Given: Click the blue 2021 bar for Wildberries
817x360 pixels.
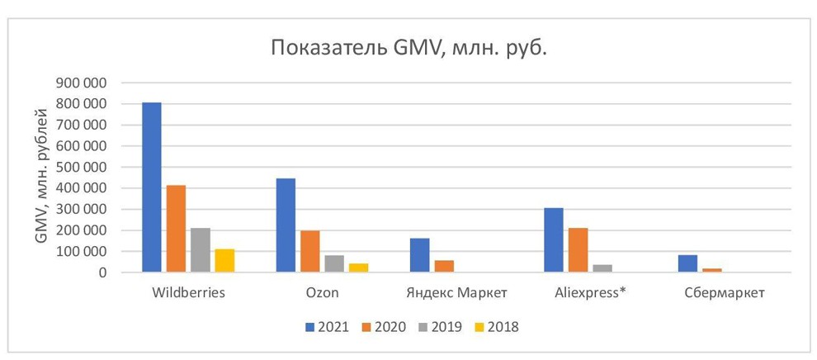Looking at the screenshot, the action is click(x=152, y=187).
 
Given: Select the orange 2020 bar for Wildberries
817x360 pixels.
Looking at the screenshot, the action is click(x=176, y=229).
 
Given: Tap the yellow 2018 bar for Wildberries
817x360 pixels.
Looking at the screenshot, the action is click(x=225, y=260).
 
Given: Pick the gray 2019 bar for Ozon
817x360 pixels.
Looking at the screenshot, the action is click(x=334, y=263).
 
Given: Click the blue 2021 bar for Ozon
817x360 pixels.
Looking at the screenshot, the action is click(x=286, y=225).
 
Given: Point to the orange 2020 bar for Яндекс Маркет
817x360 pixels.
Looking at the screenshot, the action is click(x=444, y=266).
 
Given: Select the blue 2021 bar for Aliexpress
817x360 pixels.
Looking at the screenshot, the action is click(x=554, y=240).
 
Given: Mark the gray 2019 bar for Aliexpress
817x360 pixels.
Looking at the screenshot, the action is click(x=602, y=268).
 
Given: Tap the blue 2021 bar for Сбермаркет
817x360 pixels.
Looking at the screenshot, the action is click(x=687, y=263).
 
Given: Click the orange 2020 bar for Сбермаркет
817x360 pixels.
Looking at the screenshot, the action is click(x=712, y=270).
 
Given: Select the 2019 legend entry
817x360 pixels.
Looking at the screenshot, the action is click(x=441, y=327).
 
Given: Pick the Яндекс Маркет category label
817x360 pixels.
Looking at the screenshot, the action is click(x=456, y=292).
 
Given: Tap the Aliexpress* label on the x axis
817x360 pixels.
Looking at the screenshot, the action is click(x=590, y=292).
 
